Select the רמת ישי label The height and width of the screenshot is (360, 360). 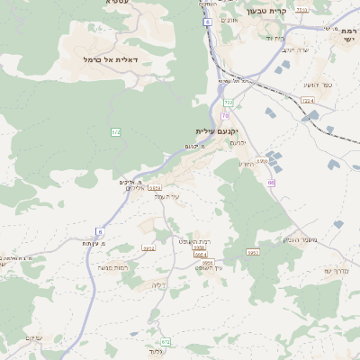346,35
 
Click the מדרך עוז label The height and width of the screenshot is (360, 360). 337,270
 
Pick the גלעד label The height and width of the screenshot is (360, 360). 157,352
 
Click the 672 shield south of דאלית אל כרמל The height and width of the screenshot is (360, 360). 115,132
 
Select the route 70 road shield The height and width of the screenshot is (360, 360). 225,115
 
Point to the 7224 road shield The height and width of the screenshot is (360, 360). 309,102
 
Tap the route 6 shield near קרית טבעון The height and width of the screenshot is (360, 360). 208,21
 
